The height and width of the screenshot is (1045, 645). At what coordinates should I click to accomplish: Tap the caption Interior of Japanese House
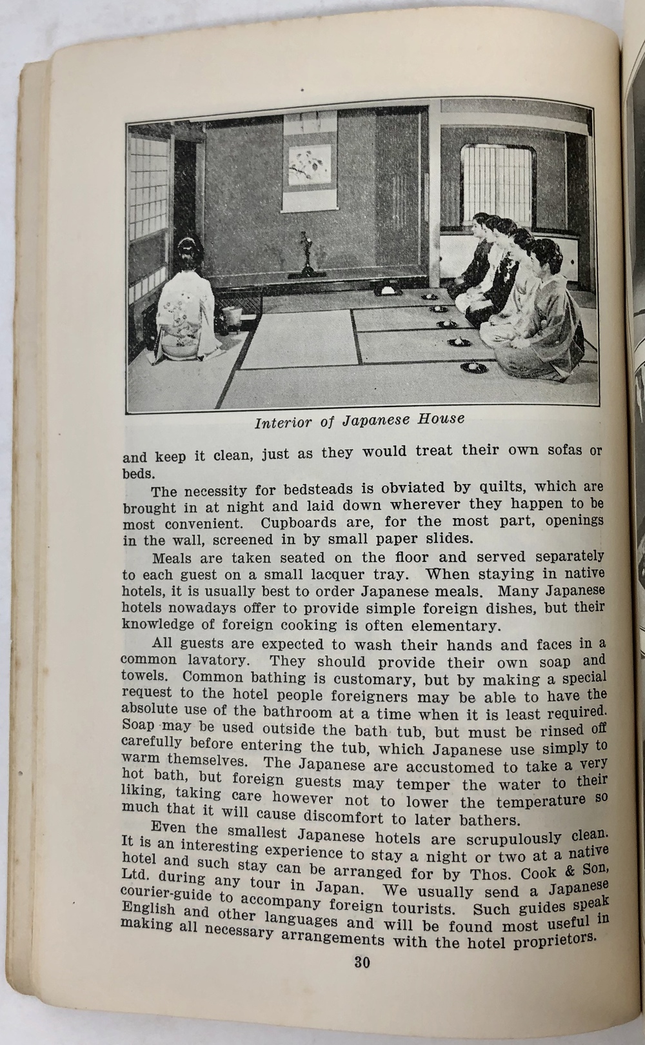coord(359,421)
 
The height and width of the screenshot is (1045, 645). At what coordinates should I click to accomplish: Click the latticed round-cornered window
coord(497,183)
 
